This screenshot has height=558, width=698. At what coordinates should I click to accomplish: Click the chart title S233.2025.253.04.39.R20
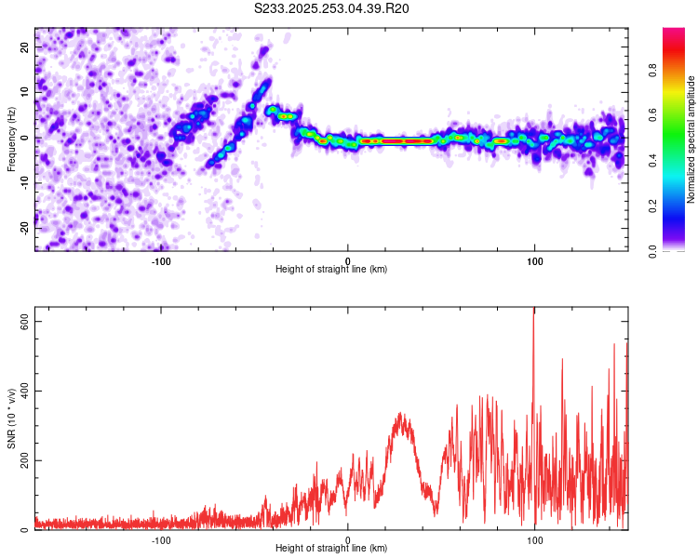332,8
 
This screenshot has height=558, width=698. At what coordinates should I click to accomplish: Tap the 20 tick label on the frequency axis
25,46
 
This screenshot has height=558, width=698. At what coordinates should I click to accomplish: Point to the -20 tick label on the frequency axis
23,228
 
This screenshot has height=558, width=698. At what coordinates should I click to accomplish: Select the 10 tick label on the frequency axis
25,92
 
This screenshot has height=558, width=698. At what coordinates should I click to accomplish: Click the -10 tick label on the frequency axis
23,182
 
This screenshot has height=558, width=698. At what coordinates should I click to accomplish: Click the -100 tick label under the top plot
161,259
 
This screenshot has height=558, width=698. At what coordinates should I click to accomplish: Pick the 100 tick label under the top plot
535,259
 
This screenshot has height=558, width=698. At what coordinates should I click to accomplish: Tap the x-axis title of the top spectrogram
331,270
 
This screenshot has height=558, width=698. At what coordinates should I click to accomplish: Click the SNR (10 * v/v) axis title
11,419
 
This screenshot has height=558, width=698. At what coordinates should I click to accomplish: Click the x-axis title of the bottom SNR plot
331,549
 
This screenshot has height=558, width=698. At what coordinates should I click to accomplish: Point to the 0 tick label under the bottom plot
348,539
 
